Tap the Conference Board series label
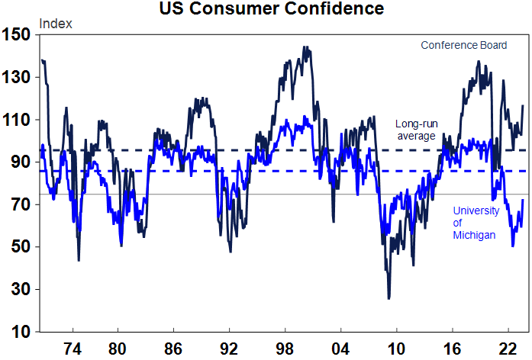[463, 46]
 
